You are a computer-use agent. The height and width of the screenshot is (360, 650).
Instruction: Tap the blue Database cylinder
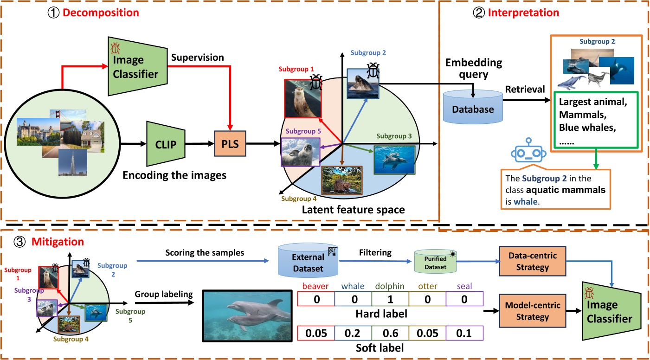(x=473, y=107)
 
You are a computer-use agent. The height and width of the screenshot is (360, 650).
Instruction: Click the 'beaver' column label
(x=315, y=287)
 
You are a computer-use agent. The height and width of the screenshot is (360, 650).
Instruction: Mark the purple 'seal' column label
(x=464, y=287)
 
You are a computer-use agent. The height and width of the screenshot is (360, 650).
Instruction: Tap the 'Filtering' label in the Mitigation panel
(x=376, y=253)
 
